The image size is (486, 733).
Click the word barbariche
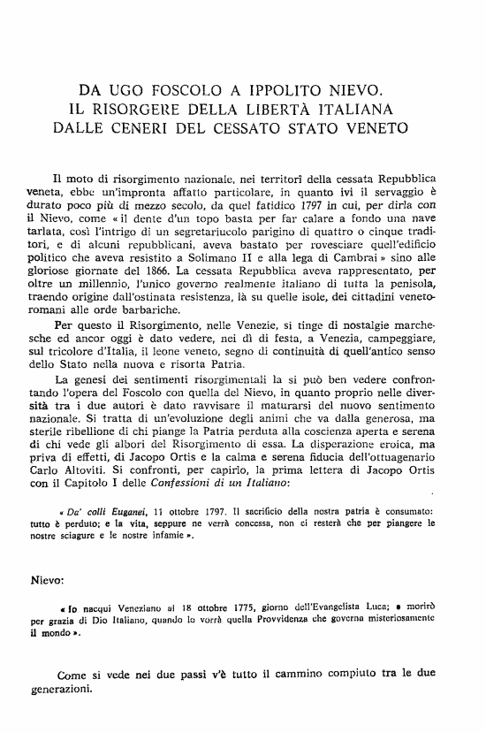coord(179,319)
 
